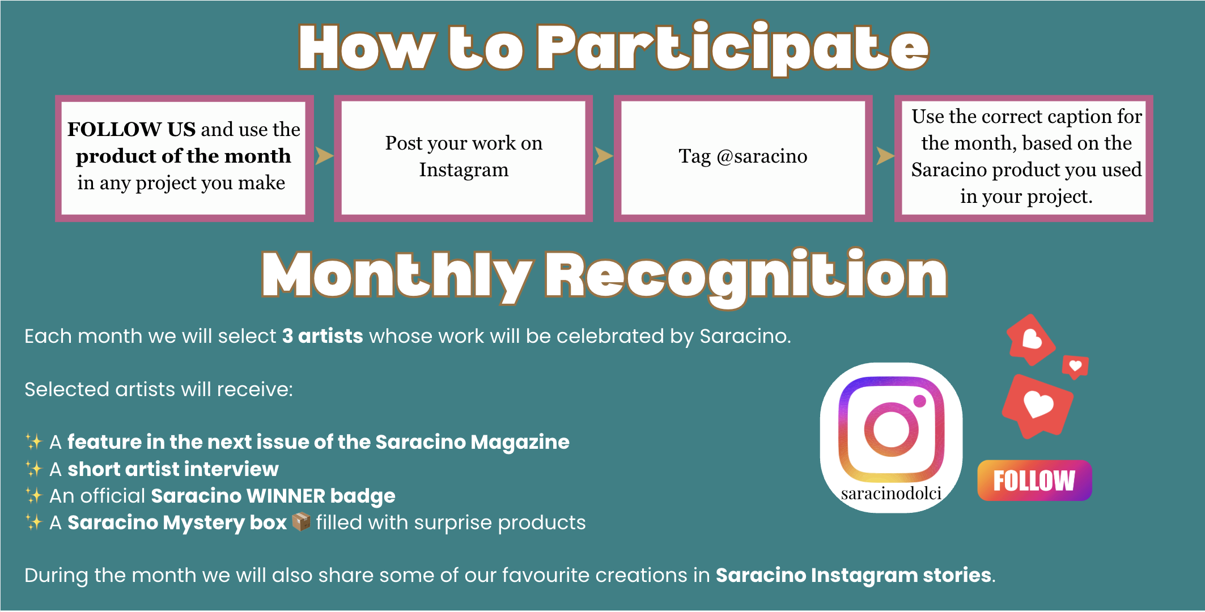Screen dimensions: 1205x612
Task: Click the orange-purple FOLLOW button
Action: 1034,481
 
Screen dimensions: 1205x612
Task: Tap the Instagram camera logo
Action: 891,430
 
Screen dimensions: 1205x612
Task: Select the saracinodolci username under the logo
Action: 891,494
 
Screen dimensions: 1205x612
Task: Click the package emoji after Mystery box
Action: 301,521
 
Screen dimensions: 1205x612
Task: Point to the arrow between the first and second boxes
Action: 324,155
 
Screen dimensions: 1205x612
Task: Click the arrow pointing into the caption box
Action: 885,155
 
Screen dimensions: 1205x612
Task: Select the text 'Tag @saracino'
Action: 743,156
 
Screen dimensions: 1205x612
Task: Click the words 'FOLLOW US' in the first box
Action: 131,129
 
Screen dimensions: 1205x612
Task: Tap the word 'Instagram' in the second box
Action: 464,170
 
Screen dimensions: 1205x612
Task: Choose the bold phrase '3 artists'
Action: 323,336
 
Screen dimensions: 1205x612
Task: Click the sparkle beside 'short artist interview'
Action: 34,469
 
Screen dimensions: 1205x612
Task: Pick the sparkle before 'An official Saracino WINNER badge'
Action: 34,495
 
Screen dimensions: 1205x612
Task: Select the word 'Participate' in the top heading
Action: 733,49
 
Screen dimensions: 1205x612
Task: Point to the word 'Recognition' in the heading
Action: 746,277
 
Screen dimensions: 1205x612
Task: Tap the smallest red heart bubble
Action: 1075,367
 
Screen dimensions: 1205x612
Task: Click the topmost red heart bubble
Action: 1031,339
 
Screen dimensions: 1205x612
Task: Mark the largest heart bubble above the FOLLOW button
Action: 1037,406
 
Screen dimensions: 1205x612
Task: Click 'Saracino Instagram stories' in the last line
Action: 854,575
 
